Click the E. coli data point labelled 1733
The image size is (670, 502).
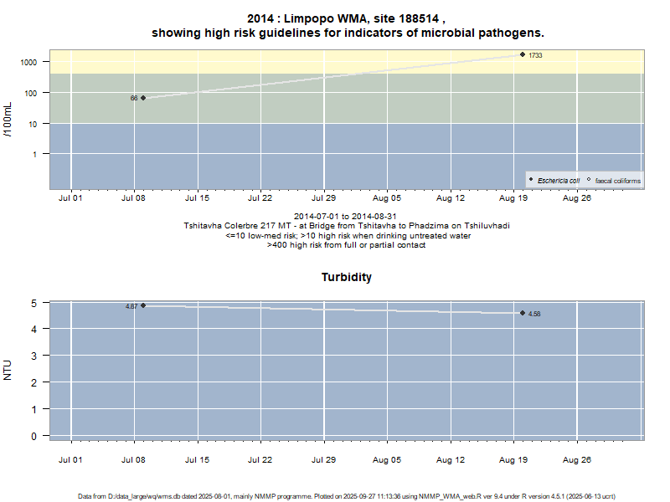[523, 54]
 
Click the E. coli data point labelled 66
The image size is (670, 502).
[143, 98]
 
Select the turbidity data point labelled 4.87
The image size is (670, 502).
[143, 305]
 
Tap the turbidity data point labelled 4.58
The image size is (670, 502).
[523, 313]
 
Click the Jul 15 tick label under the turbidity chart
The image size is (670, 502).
[197, 460]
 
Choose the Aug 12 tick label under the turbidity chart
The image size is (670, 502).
[451, 460]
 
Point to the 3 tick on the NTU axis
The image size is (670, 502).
[34, 356]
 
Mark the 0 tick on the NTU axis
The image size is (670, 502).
[34, 436]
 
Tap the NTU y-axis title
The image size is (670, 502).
[8, 370]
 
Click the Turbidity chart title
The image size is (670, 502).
[346, 277]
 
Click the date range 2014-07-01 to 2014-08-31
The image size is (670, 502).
[346, 217]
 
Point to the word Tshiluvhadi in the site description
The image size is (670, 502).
[486, 226]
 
